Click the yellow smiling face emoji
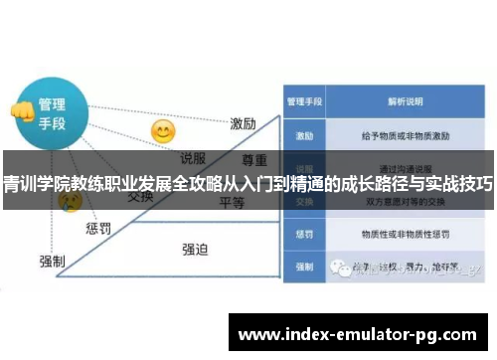coord(162,131)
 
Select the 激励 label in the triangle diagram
coord(244,123)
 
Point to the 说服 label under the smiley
coord(193,158)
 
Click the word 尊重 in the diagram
coord(254,159)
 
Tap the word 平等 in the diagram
coord(232,202)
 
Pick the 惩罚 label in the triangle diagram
coord(97,229)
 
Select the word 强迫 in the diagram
coord(195,249)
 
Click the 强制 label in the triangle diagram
coord(52,261)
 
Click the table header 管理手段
coord(303,101)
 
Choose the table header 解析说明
coord(406,101)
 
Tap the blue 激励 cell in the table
coord(303,133)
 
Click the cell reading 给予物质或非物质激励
coord(407,133)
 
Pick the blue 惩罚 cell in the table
coord(303,234)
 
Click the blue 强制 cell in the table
coord(303,267)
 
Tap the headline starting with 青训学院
coord(248,183)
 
